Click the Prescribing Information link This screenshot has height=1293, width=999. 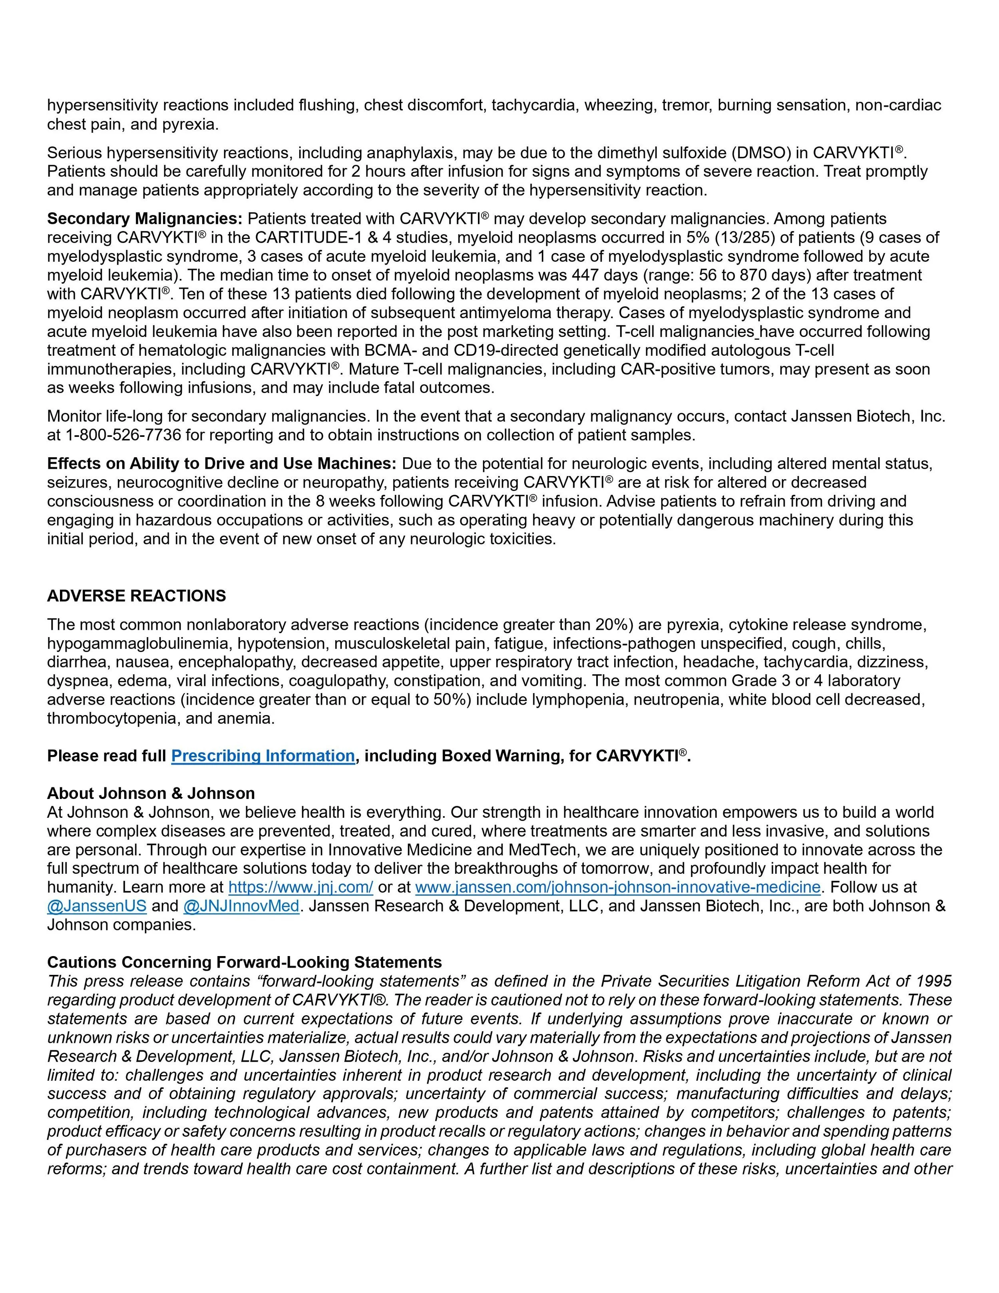pyautogui.click(x=263, y=756)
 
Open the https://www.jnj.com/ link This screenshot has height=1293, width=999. pyautogui.click(x=300, y=887)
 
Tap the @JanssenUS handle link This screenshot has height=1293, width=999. pyautogui.click(x=96, y=906)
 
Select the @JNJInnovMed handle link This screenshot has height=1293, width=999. pyautogui.click(x=241, y=906)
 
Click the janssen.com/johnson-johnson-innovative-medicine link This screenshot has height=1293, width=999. pyautogui.click(x=618, y=887)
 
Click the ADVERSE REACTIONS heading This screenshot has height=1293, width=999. pyautogui.click(x=136, y=596)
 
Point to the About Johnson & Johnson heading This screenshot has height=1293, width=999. pyautogui.click(x=151, y=793)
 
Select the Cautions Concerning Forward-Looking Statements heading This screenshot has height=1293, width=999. pyautogui.click(x=245, y=962)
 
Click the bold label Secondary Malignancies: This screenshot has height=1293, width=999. pyautogui.click(x=144, y=219)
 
